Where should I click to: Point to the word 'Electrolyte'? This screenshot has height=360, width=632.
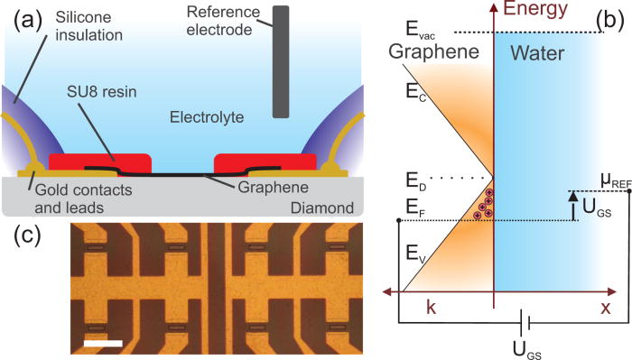[x=210, y=115]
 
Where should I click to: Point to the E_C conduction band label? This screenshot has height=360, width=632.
[x=415, y=91]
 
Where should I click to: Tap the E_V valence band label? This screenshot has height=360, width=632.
[x=415, y=255]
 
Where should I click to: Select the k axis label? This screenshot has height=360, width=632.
[x=430, y=309]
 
